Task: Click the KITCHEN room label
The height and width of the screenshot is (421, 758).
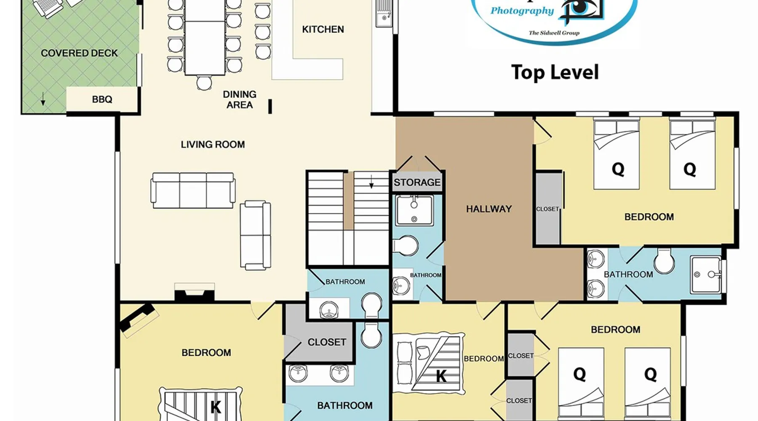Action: click(323, 29)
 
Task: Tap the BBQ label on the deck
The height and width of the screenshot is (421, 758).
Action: click(102, 99)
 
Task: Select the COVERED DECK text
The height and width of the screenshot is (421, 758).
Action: click(79, 53)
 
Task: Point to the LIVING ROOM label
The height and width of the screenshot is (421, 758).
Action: click(213, 144)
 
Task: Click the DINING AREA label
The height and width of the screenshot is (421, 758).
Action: click(240, 99)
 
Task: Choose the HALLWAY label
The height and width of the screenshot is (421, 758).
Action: click(489, 209)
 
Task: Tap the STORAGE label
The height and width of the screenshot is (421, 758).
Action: click(417, 182)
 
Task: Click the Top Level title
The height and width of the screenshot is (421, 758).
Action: click(555, 72)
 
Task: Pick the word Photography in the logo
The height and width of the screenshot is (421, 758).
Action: click(522, 11)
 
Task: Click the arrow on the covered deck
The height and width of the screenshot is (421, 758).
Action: click(43, 99)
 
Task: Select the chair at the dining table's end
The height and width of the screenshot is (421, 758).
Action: click(204, 82)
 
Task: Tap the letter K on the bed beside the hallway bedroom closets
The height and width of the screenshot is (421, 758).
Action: click(441, 376)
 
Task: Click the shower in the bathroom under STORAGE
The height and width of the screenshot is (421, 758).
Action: click(414, 210)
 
